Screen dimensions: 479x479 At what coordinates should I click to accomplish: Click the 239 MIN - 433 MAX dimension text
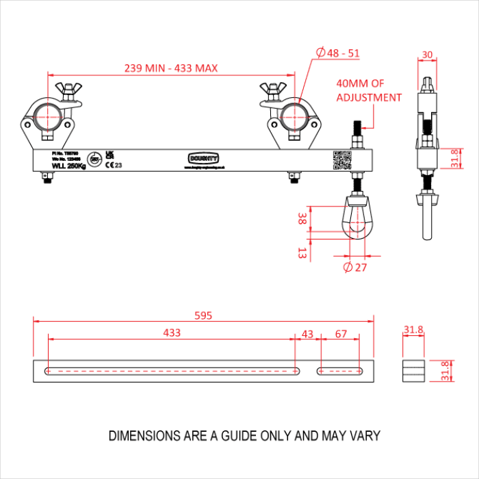pyautogui.click(x=171, y=68)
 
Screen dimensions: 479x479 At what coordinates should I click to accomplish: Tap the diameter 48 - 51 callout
pyautogui.click(x=339, y=52)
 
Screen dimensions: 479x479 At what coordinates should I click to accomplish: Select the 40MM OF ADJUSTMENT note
pyautogui.click(x=368, y=91)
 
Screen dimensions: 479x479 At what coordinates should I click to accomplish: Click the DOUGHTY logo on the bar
pyautogui.click(x=203, y=158)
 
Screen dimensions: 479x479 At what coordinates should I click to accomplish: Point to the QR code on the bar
pyautogui.click(x=341, y=159)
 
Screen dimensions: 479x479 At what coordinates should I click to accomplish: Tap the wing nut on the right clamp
pyautogui.click(x=272, y=89)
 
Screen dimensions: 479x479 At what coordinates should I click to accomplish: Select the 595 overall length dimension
pyautogui.click(x=203, y=315)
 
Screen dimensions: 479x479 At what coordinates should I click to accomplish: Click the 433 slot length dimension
pyautogui.click(x=172, y=333)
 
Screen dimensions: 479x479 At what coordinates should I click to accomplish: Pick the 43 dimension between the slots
pyautogui.click(x=307, y=333)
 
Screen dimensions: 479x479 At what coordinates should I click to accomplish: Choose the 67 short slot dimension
pyautogui.click(x=340, y=333)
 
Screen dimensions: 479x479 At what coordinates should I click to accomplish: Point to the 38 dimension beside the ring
pyautogui.click(x=302, y=219)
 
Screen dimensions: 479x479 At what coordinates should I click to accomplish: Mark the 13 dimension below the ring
pyautogui.click(x=302, y=253)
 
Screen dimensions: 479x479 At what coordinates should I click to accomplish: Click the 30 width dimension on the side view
pyautogui.click(x=428, y=55)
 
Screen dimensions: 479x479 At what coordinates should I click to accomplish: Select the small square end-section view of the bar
pyautogui.click(x=413, y=371)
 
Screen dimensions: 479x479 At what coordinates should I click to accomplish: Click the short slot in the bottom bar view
pyautogui.click(x=340, y=371)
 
